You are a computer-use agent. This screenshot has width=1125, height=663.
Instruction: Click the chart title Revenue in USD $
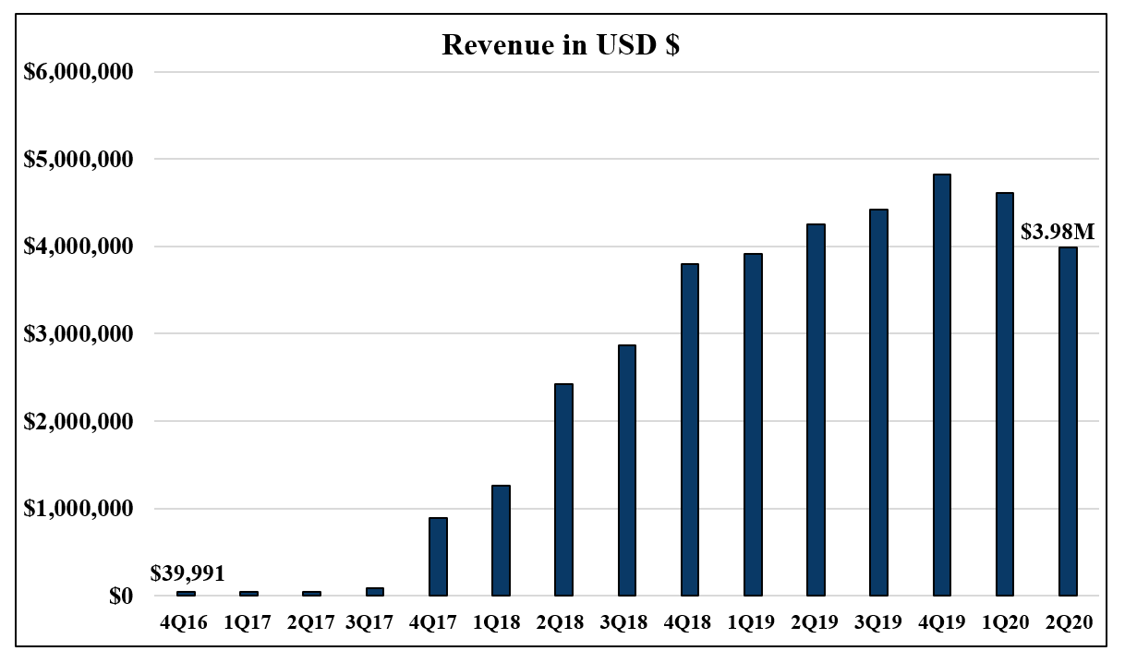coord(561,46)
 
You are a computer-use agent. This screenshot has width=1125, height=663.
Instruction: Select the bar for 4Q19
coord(942,385)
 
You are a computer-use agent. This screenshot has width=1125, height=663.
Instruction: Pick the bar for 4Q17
coord(438,557)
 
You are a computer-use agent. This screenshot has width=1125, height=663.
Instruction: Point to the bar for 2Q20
coord(1068,421)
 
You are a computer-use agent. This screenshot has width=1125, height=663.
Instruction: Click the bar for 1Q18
coord(501,540)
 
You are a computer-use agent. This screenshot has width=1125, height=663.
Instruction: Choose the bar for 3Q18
coord(627,470)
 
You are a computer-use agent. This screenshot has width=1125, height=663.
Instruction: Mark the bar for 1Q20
coord(1005,394)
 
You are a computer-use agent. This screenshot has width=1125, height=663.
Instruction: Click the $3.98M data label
coord(1057,232)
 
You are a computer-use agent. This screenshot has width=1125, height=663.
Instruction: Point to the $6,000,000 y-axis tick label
coord(79,72)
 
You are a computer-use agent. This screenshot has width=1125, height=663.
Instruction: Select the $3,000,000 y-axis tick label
coord(79,333)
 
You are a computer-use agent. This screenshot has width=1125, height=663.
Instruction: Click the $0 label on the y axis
coord(118,596)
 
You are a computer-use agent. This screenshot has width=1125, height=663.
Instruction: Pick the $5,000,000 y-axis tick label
coord(79,160)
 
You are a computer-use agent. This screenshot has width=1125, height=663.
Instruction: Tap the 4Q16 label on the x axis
coord(185,623)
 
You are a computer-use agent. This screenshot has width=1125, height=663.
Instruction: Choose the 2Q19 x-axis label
coord(816,623)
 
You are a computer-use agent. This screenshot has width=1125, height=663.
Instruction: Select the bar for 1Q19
coord(753,425)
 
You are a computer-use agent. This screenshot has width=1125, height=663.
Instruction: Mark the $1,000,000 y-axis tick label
coord(79,509)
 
